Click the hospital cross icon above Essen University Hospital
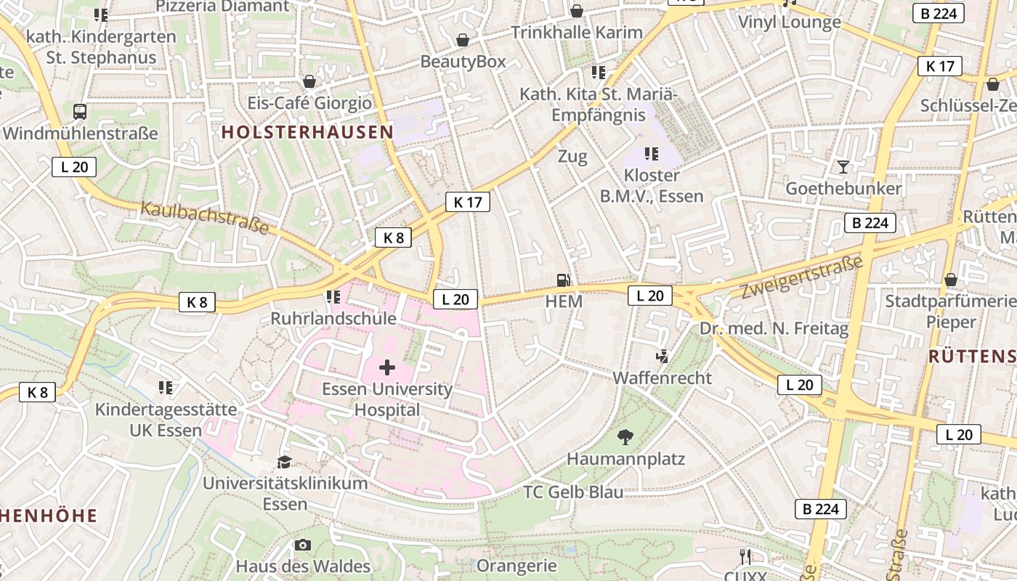387,367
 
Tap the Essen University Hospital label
387,399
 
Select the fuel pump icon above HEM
563,280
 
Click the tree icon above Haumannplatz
625,437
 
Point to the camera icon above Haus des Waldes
303,545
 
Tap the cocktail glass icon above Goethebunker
843,167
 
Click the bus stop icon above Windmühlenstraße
80,112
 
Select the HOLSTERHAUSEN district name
307,132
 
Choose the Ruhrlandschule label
333,319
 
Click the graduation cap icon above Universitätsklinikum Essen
284,462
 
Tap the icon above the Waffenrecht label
662,357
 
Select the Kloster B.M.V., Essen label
652,186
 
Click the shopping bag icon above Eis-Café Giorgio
309,81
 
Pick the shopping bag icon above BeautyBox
462,40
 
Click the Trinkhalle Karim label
577,33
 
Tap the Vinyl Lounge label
790,22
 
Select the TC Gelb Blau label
573,492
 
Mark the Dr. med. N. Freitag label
774,329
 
